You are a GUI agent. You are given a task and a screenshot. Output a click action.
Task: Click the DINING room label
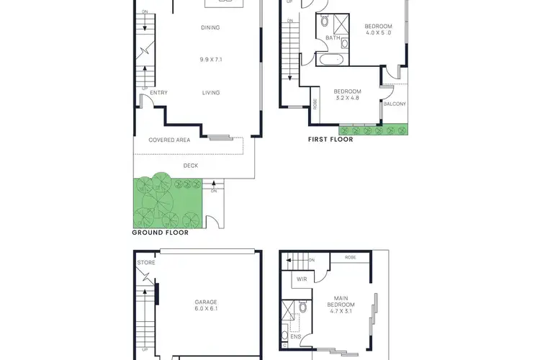(x=210, y=28)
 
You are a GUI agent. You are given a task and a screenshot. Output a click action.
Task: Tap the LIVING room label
(x=210, y=92)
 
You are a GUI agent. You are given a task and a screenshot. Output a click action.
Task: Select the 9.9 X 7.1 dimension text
(x=210, y=60)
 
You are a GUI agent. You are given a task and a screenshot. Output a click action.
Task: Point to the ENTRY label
(x=159, y=92)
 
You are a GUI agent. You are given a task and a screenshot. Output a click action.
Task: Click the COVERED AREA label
(x=169, y=140)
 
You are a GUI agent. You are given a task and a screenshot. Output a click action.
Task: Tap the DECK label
(x=191, y=166)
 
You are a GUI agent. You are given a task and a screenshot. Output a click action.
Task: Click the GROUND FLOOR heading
(x=160, y=233)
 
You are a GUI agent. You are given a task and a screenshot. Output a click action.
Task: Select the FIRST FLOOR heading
(x=330, y=140)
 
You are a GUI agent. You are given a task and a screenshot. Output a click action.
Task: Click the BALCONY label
(x=395, y=104)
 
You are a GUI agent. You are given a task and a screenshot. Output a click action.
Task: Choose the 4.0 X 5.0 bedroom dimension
(x=379, y=32)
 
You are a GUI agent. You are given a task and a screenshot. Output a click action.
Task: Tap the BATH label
(x=333, y=38)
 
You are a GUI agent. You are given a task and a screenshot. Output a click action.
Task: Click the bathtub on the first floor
(x=333, y=59)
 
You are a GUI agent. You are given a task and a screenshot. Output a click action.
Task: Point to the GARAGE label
(x=205, y=302)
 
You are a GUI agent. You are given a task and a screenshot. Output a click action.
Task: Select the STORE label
(x=146, y=263)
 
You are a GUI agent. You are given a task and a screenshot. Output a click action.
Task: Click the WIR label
(x=302, y=278)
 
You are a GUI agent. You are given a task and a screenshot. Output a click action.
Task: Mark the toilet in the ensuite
(x=303, y=307)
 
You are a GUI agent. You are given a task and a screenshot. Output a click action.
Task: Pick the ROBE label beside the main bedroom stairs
(x=350, y=257)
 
